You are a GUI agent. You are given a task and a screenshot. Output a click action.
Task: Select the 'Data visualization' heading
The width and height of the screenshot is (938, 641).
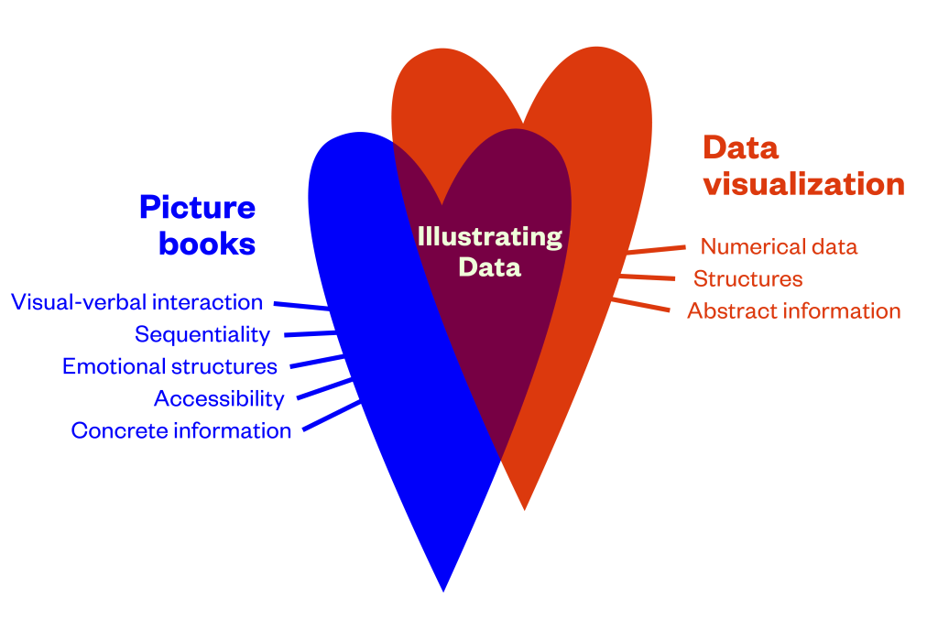pos(803,166)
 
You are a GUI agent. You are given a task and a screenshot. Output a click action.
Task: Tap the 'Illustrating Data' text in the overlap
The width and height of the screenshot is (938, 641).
pos(489,251)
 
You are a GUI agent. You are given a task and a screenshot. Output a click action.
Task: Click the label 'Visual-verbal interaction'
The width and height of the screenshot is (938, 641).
pos(137,302)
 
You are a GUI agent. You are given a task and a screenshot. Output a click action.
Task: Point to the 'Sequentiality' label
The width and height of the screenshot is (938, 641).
pos(202,334)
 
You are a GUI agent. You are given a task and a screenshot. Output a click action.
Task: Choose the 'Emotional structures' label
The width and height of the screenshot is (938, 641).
pos(169,366)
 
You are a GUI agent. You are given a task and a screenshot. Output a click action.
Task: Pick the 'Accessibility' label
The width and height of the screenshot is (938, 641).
pos(219,398)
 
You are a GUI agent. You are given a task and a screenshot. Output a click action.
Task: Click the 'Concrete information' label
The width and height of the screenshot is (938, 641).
pos(181,430)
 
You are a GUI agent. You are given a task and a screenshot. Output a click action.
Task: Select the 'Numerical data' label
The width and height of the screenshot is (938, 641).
pos(779,246)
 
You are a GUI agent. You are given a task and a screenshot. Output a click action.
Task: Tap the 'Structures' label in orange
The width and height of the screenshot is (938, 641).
pos(747,278)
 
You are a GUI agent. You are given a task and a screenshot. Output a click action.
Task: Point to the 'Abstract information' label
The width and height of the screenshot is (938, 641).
pos(794,310)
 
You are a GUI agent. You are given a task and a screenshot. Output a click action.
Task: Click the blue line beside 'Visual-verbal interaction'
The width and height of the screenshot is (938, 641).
pos(300,306)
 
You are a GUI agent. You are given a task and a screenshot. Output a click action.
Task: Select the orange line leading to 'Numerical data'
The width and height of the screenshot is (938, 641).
pos(657,248)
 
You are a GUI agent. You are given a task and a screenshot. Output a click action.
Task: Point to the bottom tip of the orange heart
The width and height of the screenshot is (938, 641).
pos(524,507)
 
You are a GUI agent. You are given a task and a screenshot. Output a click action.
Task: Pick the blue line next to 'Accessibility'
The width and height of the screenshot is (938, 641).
pos(324,387)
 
